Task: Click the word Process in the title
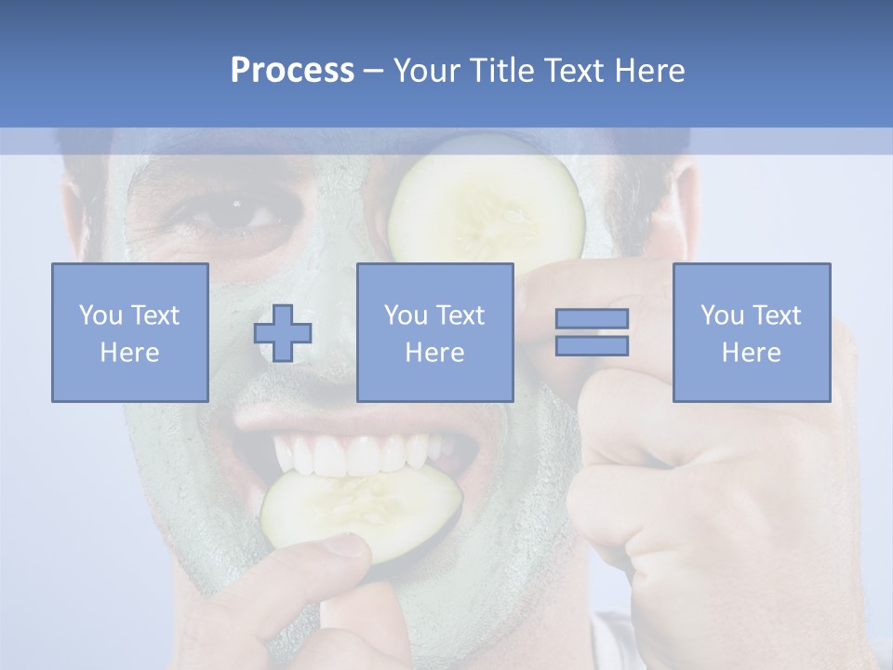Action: [x=292, y=71]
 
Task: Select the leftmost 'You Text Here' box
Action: [x=130, y=332]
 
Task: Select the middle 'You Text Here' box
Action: [x=434, y=332]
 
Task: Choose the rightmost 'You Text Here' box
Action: [x=751, y=332]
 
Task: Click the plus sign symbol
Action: [x=283, y=333]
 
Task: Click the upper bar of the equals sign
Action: [x=592, y=318]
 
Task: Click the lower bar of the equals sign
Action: [x=592, y=346]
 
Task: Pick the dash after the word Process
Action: [x=374, y=71]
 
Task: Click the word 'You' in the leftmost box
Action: [x=100, y=315]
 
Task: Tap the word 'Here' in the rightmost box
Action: [x=751, y=353]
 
